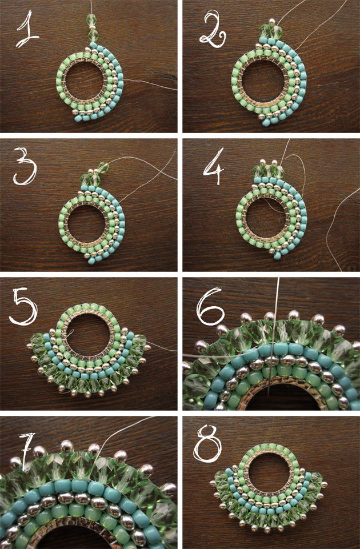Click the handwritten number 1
(x=27, y=30)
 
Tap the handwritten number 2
(x=213, y=29)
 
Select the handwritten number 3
(x=25, y=166)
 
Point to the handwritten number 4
(x=214, y=166)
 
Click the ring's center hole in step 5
(x=89, y=332)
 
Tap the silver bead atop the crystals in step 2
(x=271, y=22)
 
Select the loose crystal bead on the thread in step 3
(x=103, y=167)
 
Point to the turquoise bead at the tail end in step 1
(x=78, y=118)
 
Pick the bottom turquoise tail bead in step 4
(x=277, y=256)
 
